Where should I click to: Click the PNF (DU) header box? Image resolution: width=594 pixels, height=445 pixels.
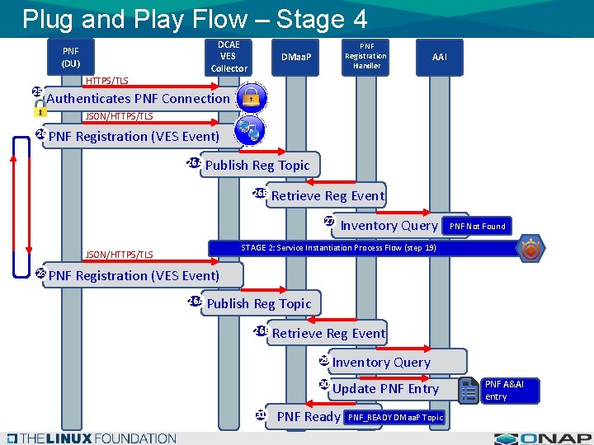[71, 56]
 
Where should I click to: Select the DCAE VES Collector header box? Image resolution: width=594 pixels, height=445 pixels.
[229, 56]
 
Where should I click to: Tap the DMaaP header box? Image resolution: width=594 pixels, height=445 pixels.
[297, 57]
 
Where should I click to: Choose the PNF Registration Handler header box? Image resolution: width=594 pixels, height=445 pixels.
[366, 56]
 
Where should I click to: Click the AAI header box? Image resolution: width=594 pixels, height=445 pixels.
[440, 57]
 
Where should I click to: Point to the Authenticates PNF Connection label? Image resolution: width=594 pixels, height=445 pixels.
[139, 99]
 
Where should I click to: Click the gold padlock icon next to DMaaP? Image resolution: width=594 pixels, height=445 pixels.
[251, 97]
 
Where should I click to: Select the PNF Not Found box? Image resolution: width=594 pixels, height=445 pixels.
[478, 226]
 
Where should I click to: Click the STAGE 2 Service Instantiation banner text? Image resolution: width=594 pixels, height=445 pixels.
[338, 248]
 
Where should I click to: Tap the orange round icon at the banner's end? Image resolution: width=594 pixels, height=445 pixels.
[531, 249]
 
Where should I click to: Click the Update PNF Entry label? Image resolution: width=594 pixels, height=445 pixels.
[385, 389]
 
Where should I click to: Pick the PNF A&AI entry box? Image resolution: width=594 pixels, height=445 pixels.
[509, 391]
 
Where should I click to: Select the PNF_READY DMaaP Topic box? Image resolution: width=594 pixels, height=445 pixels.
[395, 418]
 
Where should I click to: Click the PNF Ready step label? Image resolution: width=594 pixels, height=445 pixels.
[309, 417]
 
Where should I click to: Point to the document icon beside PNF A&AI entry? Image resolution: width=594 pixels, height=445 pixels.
[469, 390]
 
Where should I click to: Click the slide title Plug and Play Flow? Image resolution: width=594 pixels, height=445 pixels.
[195, 18]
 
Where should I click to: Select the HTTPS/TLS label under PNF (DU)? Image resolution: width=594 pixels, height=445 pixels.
[107, 81]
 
